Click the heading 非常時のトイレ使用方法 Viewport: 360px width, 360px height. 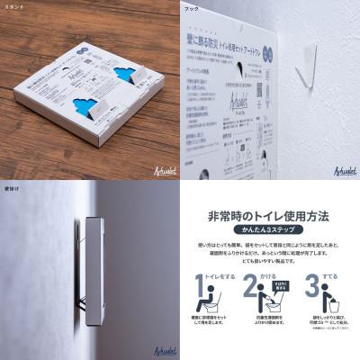(x=270, y=216)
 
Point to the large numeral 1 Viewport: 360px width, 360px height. (x=202, y=294)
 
